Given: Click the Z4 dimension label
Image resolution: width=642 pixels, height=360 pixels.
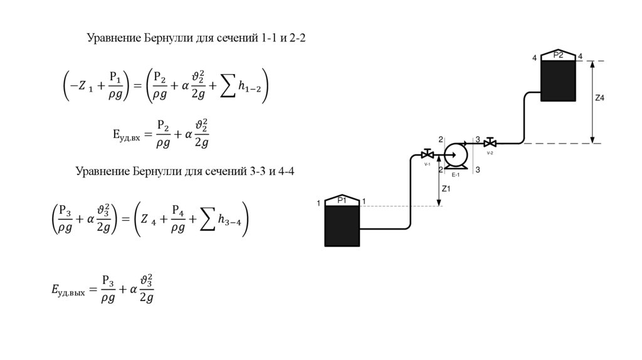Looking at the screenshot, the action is pyautogui.click(x=600, y=98).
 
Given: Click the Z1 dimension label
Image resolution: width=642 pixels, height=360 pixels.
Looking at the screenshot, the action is pyautogui.click(x=446, y=188).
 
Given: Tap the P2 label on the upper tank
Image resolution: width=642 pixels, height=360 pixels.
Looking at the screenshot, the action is pyautogui.click(x=558, y=56).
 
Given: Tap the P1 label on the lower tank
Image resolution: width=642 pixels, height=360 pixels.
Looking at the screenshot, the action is pyautogui.click(x=342, y=200).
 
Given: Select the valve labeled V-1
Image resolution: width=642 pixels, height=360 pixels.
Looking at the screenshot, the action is pyautogui.click(x=428, y=154).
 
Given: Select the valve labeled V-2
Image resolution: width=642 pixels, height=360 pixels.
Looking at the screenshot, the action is pyautogui.click(x=490, y=143).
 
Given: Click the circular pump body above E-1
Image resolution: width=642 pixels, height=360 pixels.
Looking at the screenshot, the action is pyautogui.click(x=455, y=153).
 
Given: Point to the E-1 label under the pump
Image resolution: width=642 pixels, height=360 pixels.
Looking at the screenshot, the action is pyautogui.click(x=456, y=174).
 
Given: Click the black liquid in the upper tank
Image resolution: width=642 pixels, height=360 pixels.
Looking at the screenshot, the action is pyautogui.click(x=559, y=80).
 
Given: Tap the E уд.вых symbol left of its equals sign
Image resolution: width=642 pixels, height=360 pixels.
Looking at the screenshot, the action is pyautogui.click(x=68, y=290).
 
